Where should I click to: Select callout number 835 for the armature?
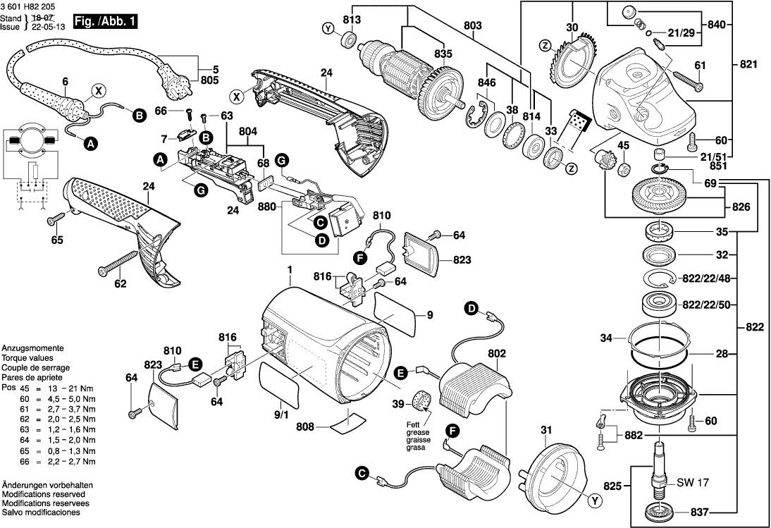(x=443, y=54)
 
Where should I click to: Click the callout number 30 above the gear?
(x=572, y=27)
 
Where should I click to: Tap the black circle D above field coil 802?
(x=471, y=307)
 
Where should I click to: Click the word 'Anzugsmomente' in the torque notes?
(x=33, y=349)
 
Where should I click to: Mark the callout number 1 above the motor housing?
(x=289, y=269)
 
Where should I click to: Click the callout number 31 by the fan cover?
(x=545, y=431)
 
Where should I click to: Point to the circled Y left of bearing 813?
(x=327, y=28)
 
